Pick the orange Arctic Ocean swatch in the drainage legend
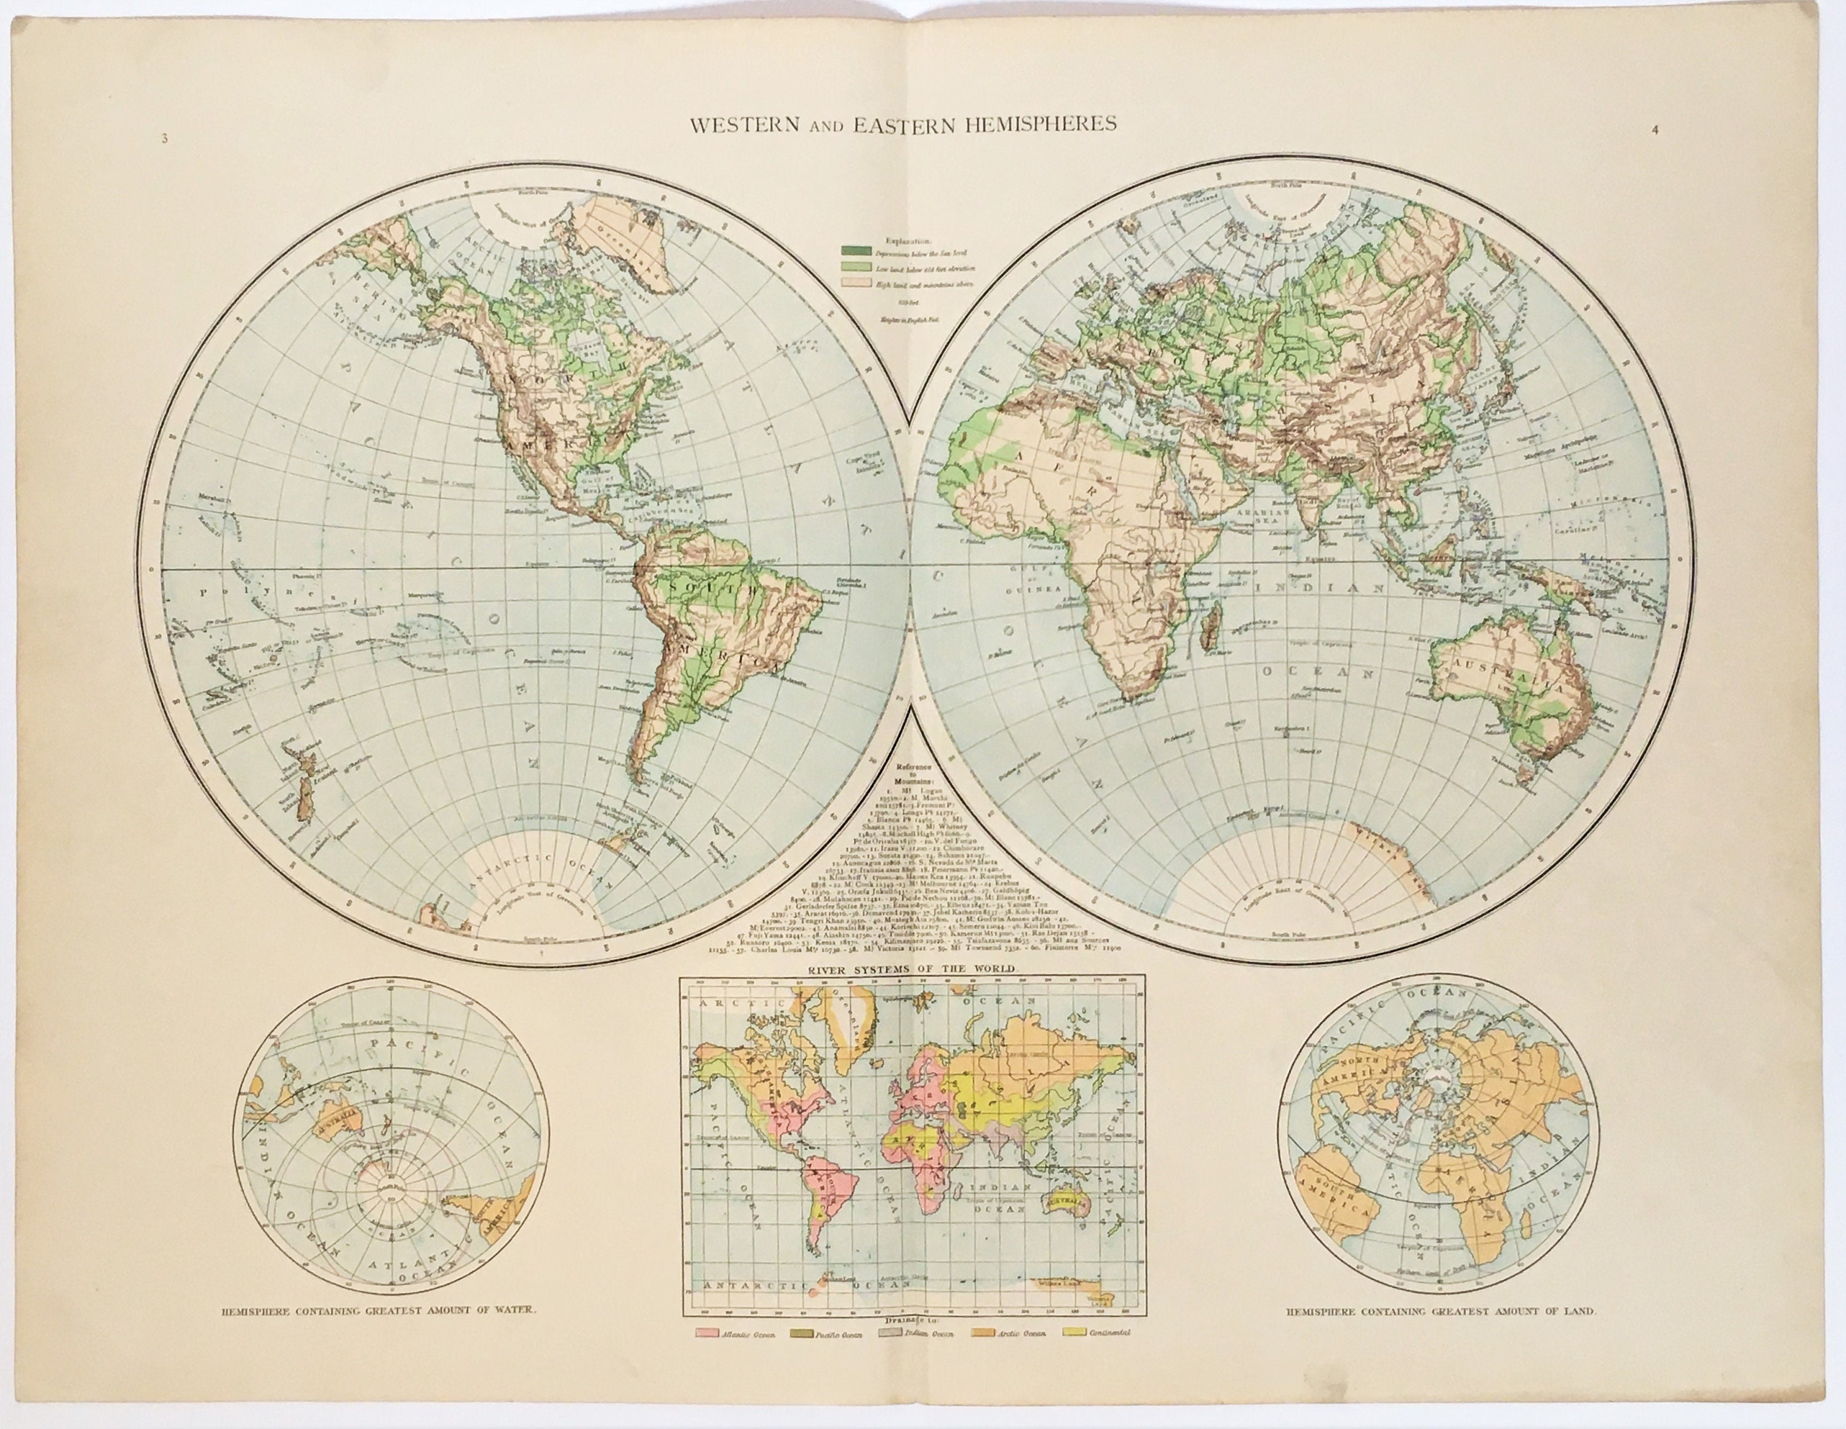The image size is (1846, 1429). point(983,1357)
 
